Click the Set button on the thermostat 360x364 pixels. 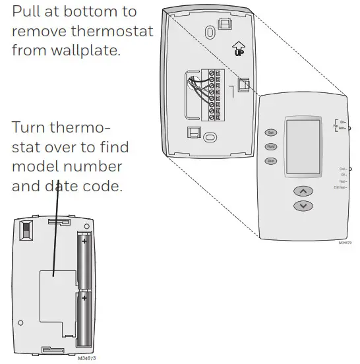pos(270,133)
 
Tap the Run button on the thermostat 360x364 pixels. pos(270,161)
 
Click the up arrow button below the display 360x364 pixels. pos(303,191)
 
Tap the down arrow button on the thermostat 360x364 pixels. pos(303,206)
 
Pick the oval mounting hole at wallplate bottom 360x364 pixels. pos(210,137)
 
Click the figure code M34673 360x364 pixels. pos(86,358)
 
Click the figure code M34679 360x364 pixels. pos(345,243)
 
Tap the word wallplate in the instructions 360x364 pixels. pos(89,49)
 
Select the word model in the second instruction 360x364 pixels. pos(34,166)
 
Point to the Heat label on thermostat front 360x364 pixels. pos(342,181)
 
